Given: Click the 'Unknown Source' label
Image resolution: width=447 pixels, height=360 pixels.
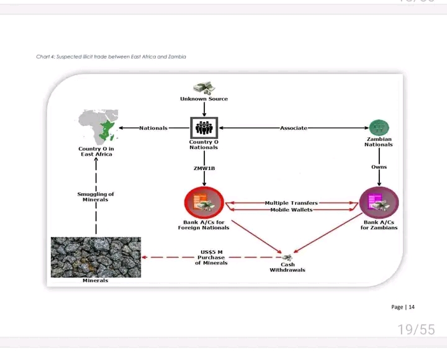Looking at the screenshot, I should point(204,99).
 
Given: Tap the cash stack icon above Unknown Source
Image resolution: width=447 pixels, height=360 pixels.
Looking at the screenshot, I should point(204,88).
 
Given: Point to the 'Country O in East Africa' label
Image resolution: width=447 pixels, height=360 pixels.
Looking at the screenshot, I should point(96,151).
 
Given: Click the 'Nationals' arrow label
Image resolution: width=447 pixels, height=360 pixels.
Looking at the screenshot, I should point(153,128).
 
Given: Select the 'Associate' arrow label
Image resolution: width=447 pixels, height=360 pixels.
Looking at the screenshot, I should point(294,128).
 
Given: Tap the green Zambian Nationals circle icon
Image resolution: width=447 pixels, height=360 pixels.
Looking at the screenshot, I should point(379,128).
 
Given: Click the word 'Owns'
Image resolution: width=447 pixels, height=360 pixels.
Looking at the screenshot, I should point(379,167).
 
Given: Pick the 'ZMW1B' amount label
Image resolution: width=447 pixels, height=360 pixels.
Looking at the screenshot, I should point(204,168).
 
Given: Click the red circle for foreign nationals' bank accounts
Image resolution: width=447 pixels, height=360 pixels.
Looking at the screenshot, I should point(204,202).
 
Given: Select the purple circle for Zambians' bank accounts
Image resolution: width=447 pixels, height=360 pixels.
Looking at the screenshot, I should point(379,202).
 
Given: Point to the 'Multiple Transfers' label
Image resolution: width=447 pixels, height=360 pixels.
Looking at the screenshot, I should point(291,203).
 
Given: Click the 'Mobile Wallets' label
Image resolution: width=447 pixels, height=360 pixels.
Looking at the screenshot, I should point(291,210).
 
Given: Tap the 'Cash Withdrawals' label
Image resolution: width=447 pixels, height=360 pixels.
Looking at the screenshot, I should point(287,268).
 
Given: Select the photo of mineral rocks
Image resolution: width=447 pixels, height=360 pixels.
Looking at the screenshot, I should point(96,256).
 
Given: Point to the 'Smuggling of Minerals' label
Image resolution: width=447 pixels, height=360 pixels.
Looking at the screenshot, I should point(96,197).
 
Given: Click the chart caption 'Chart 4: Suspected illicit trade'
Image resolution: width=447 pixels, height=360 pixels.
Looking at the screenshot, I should point(111,56).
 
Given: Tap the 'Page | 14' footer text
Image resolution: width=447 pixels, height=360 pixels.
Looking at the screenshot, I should point(403,307).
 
